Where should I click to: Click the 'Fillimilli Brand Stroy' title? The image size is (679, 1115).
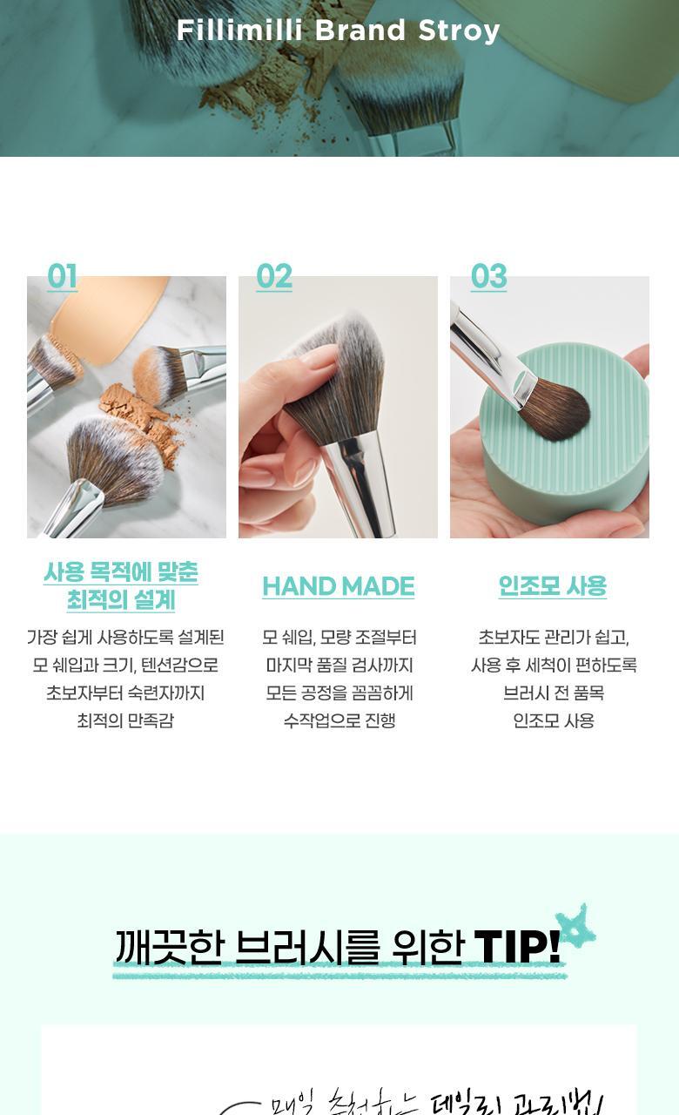pos(338,30)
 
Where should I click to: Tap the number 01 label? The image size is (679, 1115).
pos(63,277)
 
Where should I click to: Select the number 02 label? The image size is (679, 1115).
pos(274,277)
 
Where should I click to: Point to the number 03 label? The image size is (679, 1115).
pos(488,277)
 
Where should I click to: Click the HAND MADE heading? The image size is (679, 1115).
pos(338,586)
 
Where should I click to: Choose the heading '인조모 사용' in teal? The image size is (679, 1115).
pos(552,586)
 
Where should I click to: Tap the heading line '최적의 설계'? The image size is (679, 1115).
pos(121,600)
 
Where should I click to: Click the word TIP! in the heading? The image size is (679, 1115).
pos(517,948)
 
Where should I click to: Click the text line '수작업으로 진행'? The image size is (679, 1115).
pos(339,720)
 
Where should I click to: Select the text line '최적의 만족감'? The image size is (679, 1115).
pos(125,720)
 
